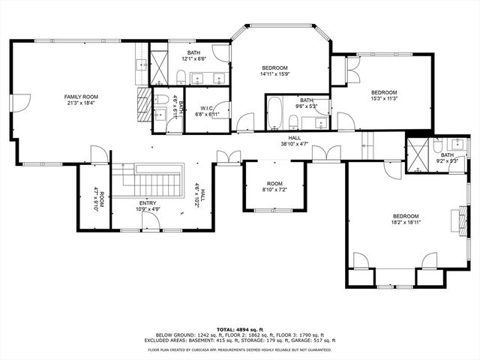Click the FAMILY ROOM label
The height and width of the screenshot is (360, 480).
pyautogui.click(x=81, y=97)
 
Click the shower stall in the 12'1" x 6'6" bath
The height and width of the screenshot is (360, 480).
pyautogui.click(x=160, y=66)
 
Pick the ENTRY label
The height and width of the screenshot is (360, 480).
pyautogui.click(x=148, y=203)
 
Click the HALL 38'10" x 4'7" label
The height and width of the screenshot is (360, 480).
pyautogui.click(x=294, y=141)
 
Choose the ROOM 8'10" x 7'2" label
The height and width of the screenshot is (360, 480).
pyautogui.click(x=274, y=187)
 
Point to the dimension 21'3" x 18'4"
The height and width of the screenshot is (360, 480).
pyautogui.click(x=81, y=103)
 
